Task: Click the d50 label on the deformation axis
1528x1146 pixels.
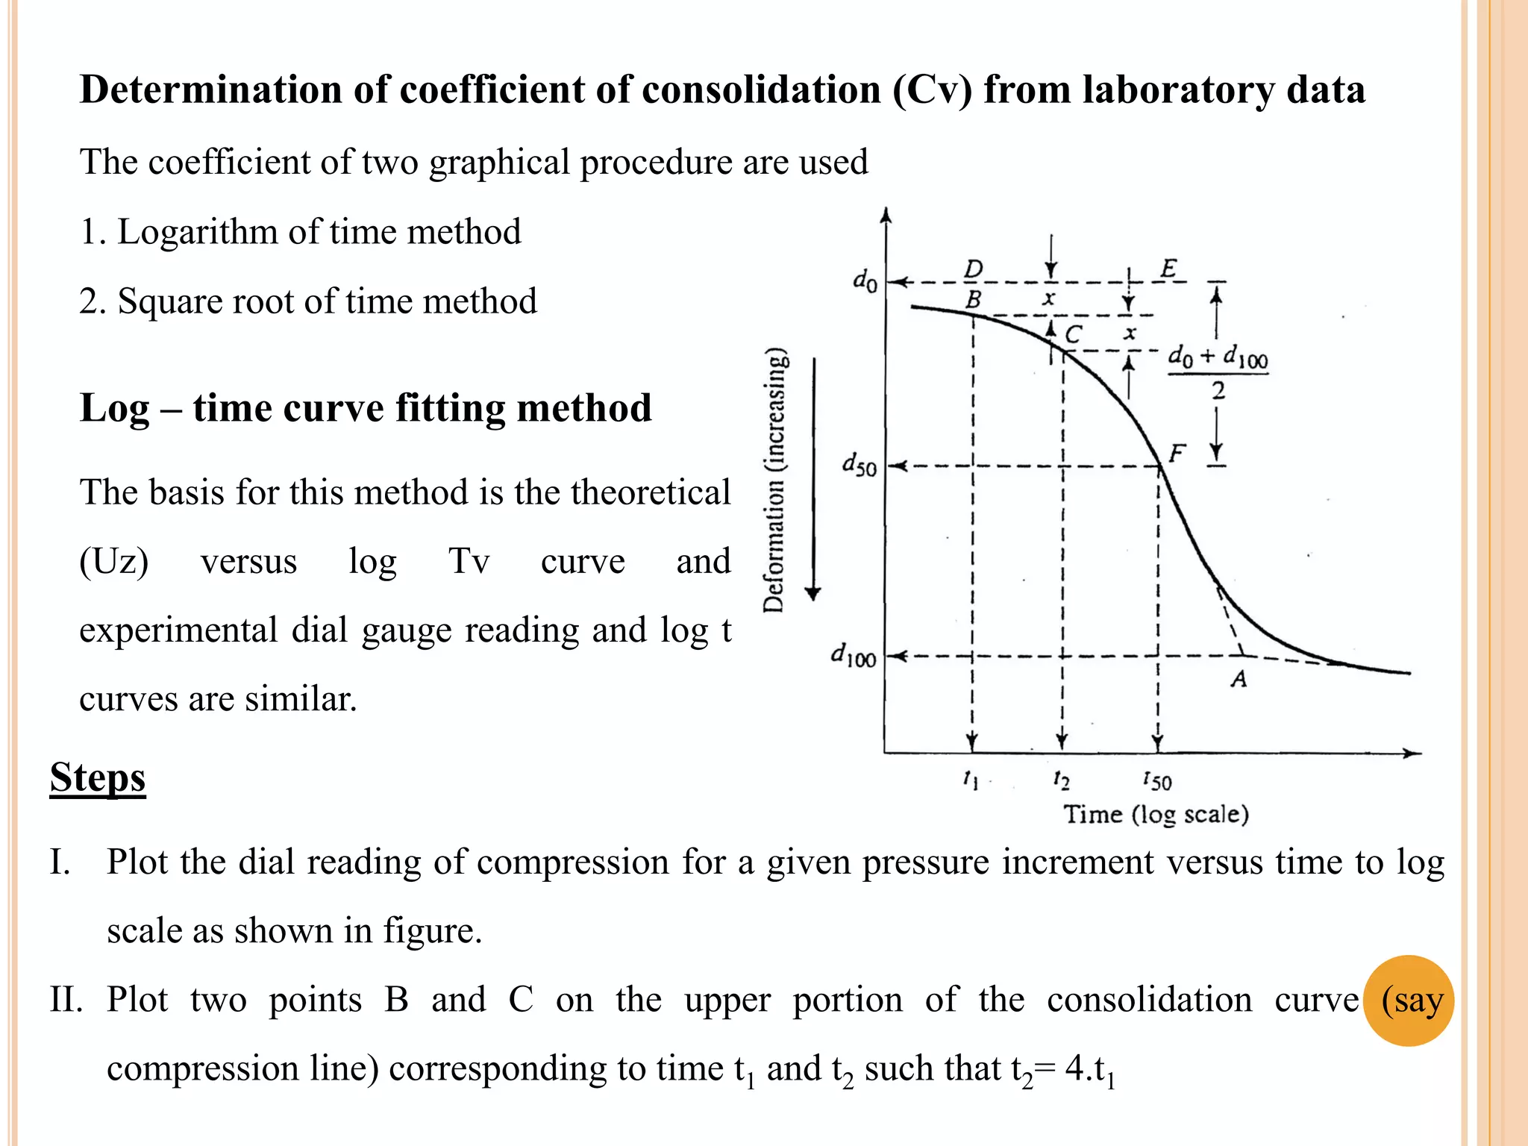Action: [x=859, y=466]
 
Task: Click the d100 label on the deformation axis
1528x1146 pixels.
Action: [x=854, y=657]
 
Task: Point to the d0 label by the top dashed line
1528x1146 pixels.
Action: [x=865, y=281]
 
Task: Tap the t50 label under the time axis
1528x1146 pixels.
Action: [x=1157, y=781]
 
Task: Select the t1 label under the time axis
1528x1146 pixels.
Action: [x=970, y=780]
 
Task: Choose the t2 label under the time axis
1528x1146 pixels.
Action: [x=1061, y=780]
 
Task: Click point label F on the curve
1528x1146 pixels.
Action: [x=1177, y=452]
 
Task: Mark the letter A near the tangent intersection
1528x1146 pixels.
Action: [x=1239, y=679]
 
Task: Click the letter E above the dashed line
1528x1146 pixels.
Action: [x=1168, y=269]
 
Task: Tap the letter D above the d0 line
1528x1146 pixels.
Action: [x=974, y=269]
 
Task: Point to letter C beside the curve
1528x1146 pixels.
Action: [x=1074, y=334]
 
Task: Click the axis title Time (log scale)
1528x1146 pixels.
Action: [x=1156, y=814]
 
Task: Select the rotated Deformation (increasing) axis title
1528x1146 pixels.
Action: [x=775, y=481]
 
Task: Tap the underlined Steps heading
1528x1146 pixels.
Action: [x=98, y=777]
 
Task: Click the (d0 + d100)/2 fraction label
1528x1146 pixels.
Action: [x=1218, y=372]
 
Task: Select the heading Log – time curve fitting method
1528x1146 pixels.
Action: [x=366, y=408]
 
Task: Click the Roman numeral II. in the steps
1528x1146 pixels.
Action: [x=66, y=1000]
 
